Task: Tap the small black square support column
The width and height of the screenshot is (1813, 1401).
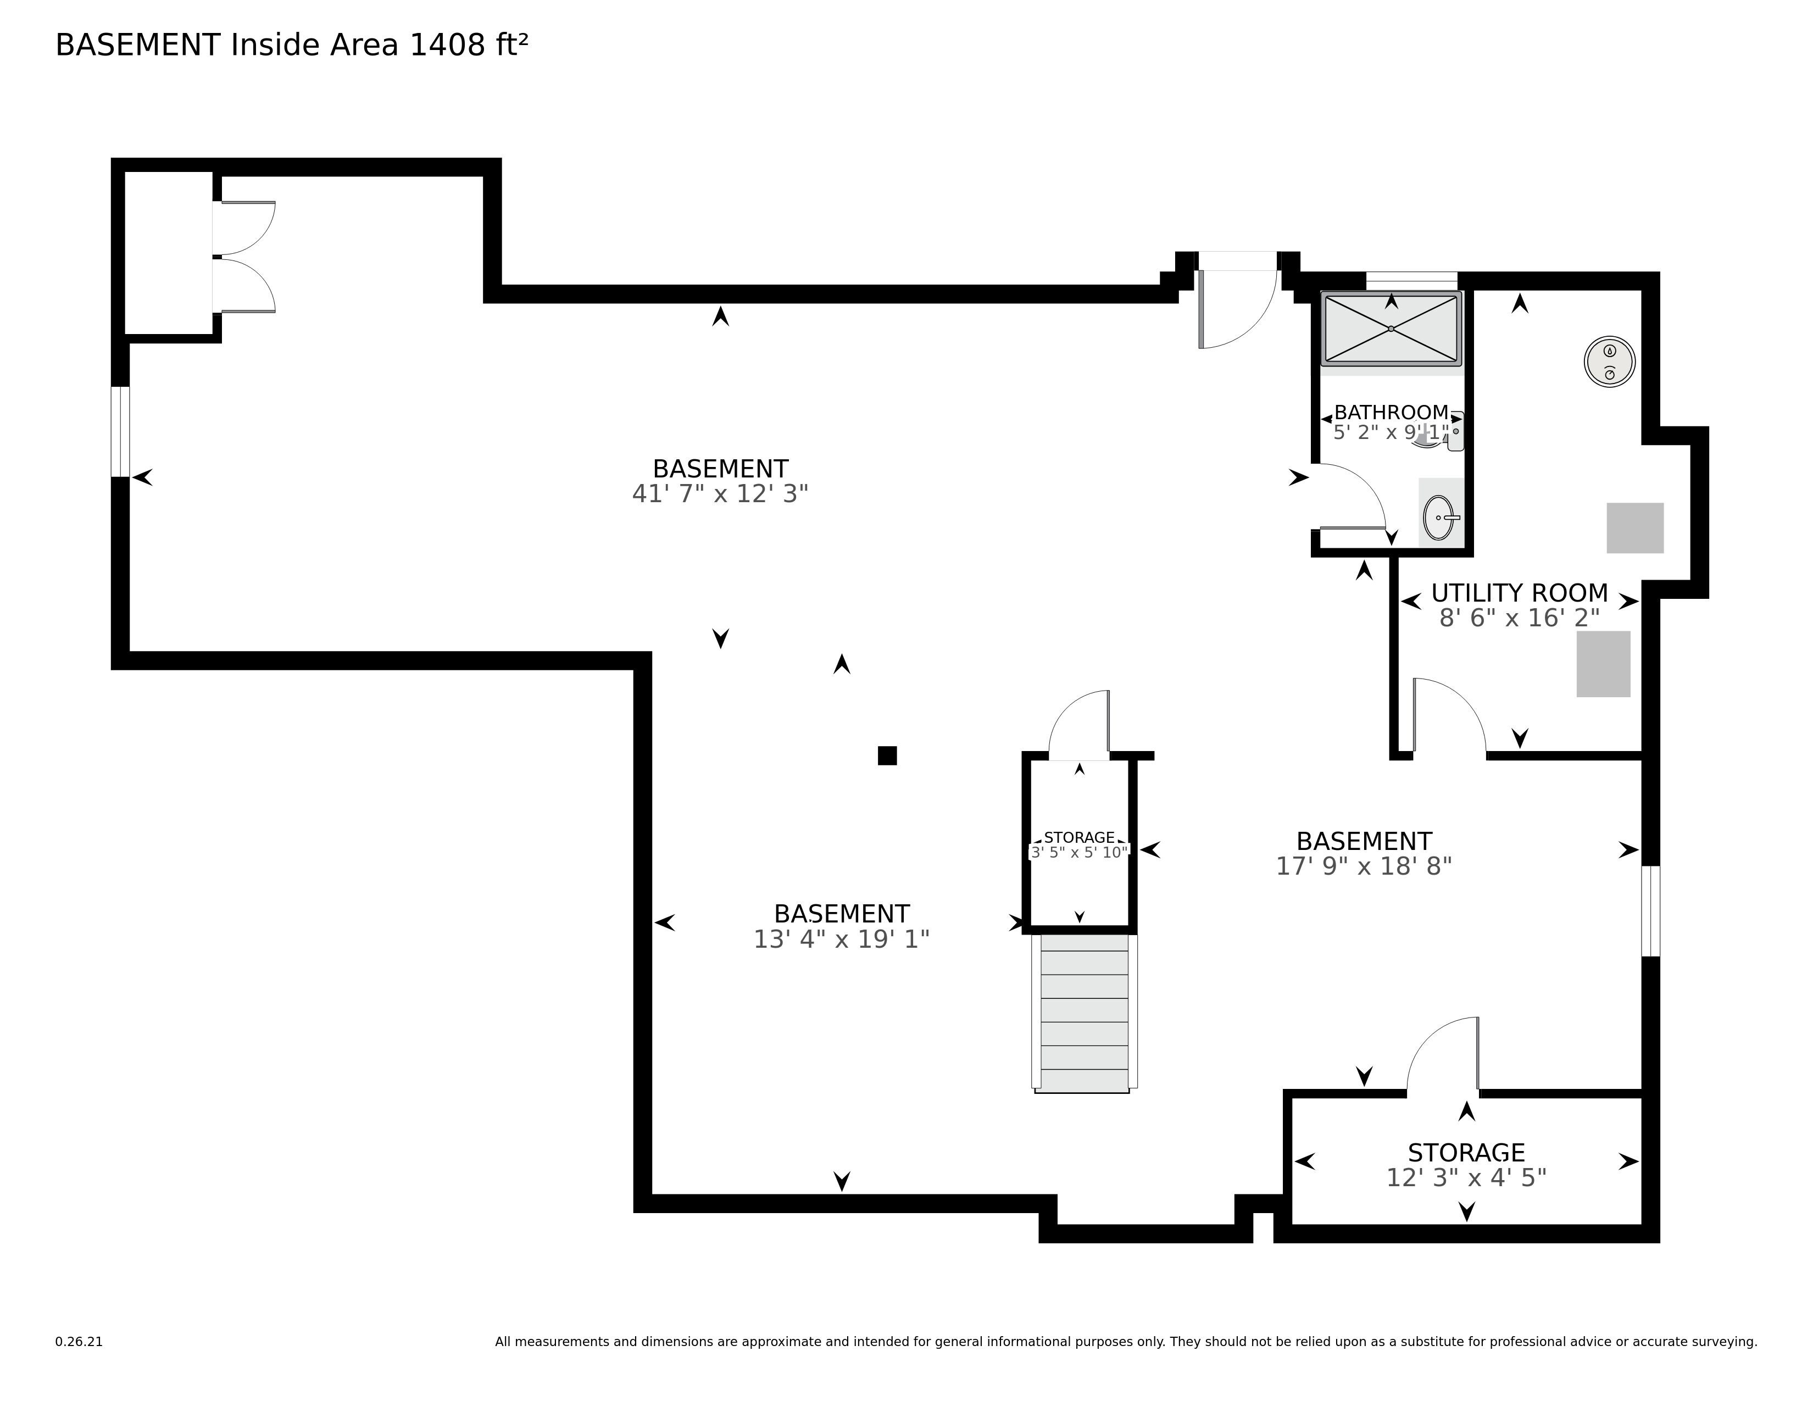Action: (x=887, y=755)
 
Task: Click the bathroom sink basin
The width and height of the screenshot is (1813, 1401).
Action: (x=1439, y=518)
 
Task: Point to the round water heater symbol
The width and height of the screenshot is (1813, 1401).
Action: (x=1610, y=362)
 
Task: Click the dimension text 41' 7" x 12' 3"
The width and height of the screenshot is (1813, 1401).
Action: (x=720, y=494)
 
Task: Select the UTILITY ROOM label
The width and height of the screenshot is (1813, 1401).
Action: (x=1519, y=593)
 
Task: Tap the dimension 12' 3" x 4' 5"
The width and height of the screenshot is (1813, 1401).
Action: (x=1466, y=1178)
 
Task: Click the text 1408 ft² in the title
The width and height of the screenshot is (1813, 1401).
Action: (x=469, y=45)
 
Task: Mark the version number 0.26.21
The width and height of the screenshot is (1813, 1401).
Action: (x=79, y=1341)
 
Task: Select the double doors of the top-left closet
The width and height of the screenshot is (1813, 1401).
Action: (x=244, y=257)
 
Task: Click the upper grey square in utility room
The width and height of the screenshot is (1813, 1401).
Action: (x=1634, y=528)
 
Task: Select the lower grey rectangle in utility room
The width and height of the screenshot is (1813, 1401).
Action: (x=1603, y=664)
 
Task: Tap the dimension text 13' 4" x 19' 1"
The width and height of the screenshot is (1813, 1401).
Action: (x=841, y=939)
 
